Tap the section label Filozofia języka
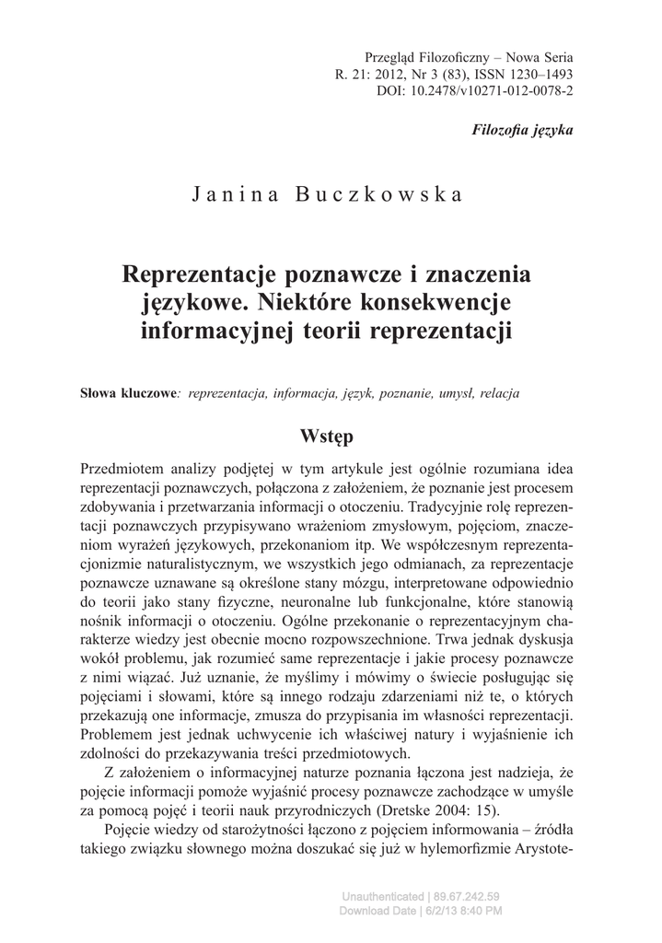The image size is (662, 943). click(522, 130)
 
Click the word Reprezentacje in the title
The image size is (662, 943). click(200, 274)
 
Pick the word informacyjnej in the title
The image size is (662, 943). click(218, 329)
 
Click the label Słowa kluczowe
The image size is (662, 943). click(128, 393)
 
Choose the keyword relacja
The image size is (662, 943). click(500, 393)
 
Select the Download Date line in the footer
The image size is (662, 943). click(421, 911)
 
